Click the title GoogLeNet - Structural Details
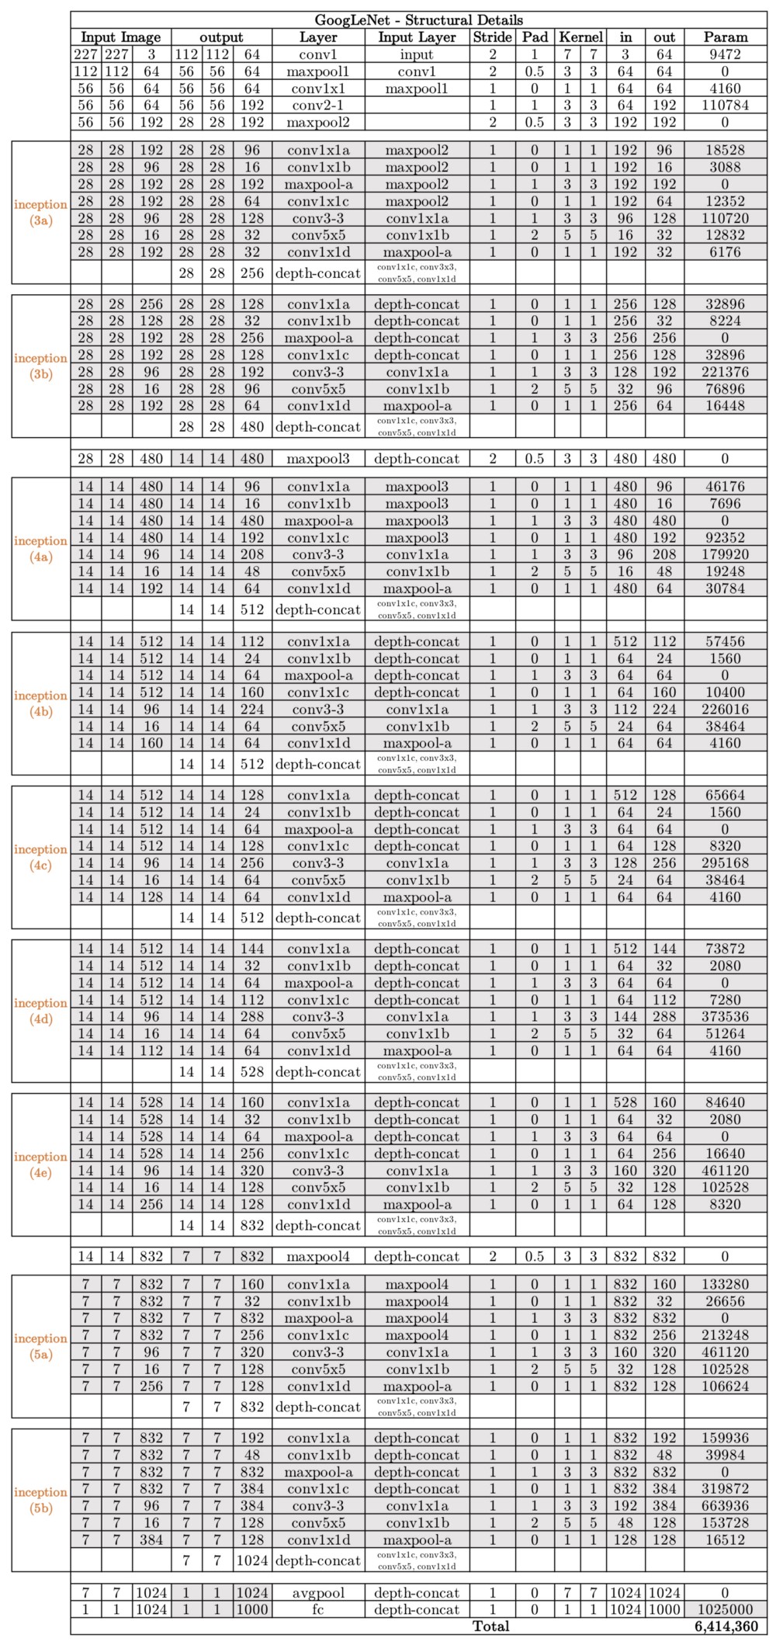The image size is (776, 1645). click(418, 20)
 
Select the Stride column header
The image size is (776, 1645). click(493, 37)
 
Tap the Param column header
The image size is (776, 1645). click(725, 37)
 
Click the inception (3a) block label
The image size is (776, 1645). click(40, 213)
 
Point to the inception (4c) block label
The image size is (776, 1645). click(40, 858)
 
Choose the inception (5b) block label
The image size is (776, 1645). click(40, 1501)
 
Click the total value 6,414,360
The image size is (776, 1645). click(725, 1626)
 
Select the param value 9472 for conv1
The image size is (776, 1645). click(725, 54)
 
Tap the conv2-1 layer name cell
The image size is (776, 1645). click(318, 106)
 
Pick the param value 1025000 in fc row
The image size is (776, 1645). click(725, 1609)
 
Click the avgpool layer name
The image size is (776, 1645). click(318, 1592)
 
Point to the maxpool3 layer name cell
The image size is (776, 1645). click(318, 459)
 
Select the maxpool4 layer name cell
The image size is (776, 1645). click(318, 1256)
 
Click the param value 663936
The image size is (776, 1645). click(725, 1506)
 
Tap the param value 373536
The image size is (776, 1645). click(725, 1016)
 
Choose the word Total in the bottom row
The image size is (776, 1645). click(491, 1626)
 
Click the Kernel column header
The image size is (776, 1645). click(580, 37)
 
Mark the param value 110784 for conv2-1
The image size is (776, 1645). click(725, 106)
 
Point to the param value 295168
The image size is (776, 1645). click(725, 863)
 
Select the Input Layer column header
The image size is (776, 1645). click(417, 37)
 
